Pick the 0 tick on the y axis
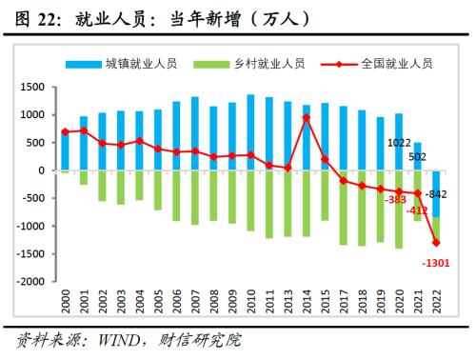tap(42, 171)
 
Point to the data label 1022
tap(399, 145)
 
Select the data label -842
tap(436, 194)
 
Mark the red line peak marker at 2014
tap(307, 118)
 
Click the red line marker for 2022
tap(435, 243)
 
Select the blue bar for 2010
tap(250, 133)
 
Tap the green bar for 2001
tap(83, 178)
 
